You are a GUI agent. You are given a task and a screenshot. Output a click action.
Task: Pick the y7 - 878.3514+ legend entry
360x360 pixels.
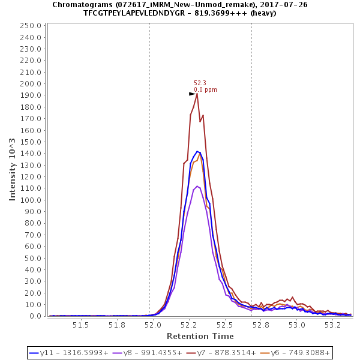(x=228, y=353)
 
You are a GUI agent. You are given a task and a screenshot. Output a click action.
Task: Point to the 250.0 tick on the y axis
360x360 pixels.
(x=31, y=26)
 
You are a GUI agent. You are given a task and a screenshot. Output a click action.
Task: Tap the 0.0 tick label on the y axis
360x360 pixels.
(x=35, y=316)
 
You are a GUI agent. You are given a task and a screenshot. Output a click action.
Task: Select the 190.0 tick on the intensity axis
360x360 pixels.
(x=31, y=95)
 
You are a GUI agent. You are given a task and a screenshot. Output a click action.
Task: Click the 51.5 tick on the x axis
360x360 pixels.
(x=81, y=325)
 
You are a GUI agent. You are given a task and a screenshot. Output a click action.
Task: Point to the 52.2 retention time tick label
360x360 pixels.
(x=190, y=325)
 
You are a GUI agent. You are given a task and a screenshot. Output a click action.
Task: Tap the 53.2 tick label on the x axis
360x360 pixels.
(x=334, y=325)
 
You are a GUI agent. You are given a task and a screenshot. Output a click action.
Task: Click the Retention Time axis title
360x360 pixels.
(x=200, y=336)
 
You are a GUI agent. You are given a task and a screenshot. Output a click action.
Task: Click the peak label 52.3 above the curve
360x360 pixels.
(x=200, y=83)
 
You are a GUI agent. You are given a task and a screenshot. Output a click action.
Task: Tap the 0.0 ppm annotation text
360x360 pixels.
(x=205, y=90)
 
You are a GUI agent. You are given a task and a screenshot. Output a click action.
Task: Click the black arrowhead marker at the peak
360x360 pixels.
(x=192, y=94)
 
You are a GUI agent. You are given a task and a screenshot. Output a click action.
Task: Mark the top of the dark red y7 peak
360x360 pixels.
(x=197, y=94)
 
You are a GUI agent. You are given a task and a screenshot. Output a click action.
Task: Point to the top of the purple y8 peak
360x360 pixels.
(x=197, y=186)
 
